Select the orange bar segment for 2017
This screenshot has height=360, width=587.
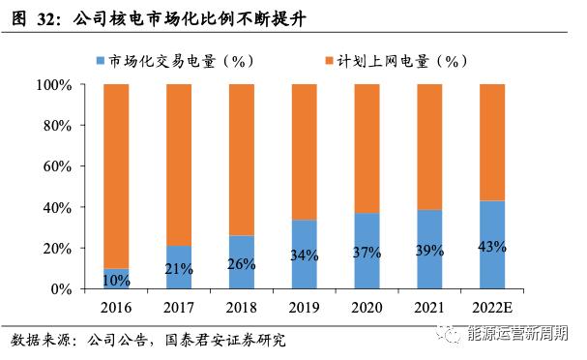178,165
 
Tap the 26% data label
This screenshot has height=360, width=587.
241,264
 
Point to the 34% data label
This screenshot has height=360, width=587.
304,256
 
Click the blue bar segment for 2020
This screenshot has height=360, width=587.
367,271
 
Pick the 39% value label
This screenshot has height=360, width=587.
429,251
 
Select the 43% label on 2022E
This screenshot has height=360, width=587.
491,246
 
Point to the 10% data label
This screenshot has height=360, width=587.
116,281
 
